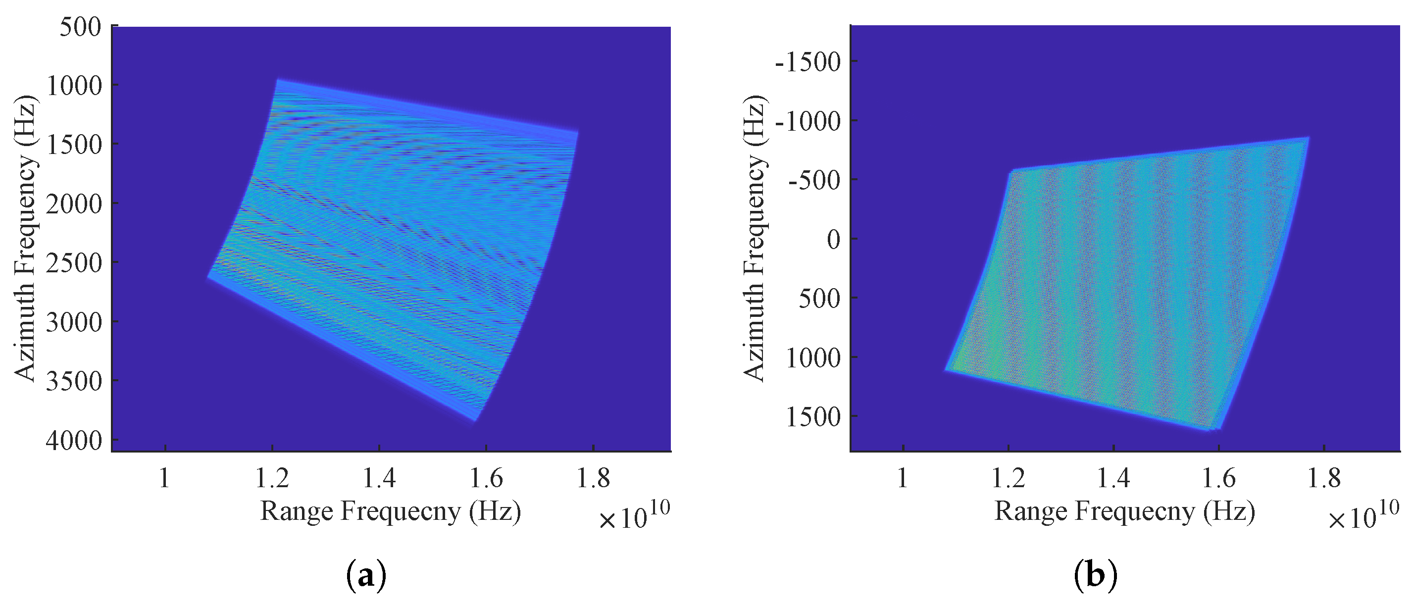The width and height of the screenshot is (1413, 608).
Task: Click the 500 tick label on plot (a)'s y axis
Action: pos(81,27)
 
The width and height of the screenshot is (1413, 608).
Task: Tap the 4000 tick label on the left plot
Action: pos(74,441)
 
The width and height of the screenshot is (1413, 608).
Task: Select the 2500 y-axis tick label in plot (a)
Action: pos(74,263)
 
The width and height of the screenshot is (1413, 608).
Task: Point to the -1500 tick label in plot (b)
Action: pos(808,62)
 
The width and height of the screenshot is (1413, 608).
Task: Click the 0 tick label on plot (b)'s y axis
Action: pos(833,240)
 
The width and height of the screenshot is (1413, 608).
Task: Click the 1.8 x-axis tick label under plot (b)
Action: pos(1323,478)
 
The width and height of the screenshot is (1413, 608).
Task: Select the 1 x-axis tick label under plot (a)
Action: pos(164,478)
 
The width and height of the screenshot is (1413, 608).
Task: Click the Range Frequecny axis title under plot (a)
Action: pos(390,511)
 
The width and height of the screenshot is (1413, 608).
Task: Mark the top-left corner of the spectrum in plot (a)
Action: pos(278,80)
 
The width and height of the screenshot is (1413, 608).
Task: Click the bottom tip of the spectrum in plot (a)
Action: pos(475,420)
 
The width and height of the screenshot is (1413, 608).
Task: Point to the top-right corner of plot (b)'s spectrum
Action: pos(1308,138)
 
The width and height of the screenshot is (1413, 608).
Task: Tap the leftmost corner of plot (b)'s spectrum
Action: pos(946,370)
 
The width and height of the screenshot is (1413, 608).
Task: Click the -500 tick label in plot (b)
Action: pos(814,180)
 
